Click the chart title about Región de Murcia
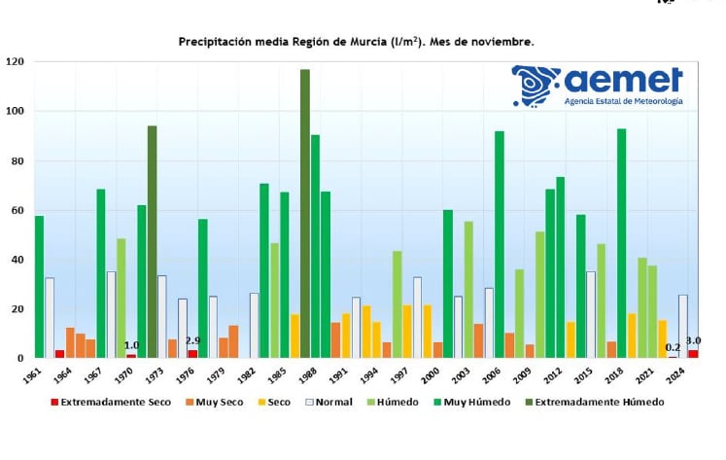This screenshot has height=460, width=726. (x=356, y=42)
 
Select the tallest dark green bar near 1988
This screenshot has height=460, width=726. (x=305, y=214)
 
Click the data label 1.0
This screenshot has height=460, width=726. (x=131, y=345)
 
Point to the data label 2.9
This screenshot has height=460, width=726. (x=192, y=340)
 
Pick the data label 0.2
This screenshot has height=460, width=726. (x=673, y=347)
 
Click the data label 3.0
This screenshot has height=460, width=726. (x=694, y=340)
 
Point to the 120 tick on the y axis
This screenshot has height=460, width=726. (x=15, y=62)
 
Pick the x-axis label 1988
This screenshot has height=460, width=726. (x=305, y=375)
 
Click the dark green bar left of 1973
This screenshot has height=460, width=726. (x=152, y=242)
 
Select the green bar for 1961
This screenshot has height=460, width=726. (x=39, y=287)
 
